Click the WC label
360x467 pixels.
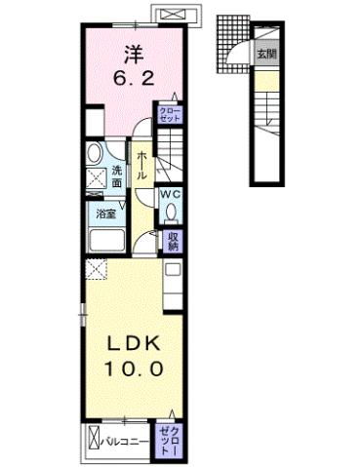tap(170, 193)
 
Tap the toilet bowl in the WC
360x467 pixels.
tap(170, 215)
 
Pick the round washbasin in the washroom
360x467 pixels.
tap(95, 154)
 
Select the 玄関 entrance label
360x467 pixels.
tap(266, 55)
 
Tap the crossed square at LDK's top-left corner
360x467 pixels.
tap(95, 269)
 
